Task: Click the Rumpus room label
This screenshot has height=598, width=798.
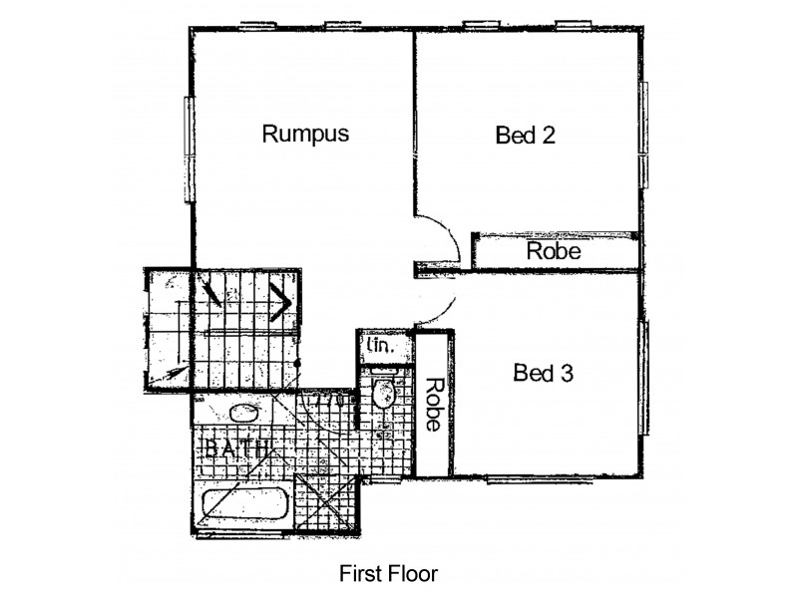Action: click(305, 134)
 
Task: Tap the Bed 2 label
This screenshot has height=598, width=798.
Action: click(525, 136)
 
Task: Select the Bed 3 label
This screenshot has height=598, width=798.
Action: click(543, 374)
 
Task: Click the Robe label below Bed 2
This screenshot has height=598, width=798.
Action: click(554, 251)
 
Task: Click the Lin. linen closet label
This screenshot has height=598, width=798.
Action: click(380, 347)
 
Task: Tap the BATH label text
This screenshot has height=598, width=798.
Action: click(235, 449)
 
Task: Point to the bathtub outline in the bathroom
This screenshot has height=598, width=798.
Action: click(244, 505)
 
